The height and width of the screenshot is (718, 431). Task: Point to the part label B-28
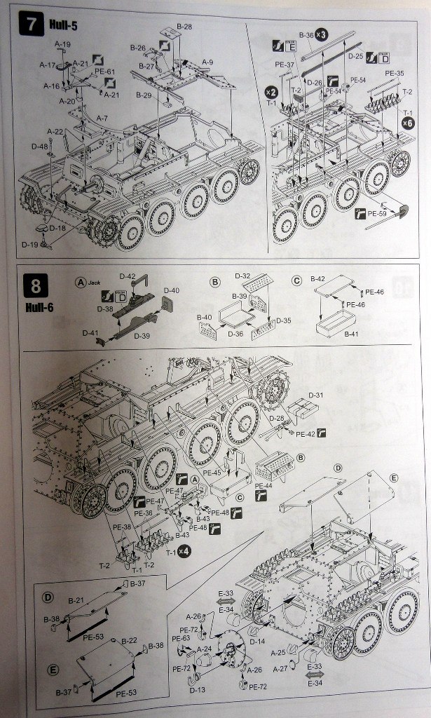184,26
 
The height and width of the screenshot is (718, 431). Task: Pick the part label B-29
144,95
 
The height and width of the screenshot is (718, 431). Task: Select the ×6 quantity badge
408,123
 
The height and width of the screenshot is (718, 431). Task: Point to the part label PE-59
379,213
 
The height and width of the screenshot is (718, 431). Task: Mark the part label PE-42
306,434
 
